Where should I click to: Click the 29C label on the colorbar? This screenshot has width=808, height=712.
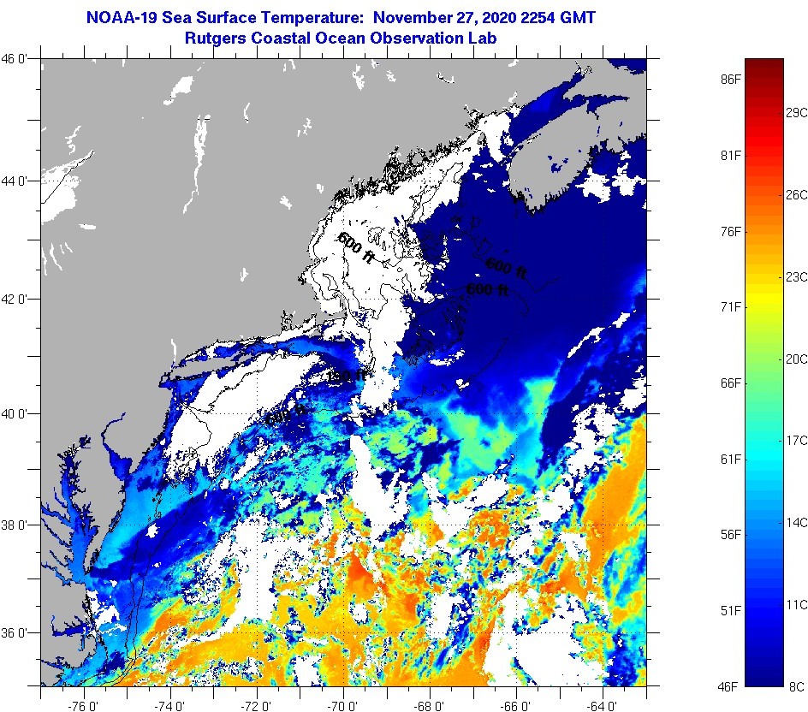pyautogui.click(x=797, y=113)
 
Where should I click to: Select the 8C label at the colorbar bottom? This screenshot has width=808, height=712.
pyautogui.click(x=794, y=686)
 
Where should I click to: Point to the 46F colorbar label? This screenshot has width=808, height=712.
pyautogui.click(x=730, y=686)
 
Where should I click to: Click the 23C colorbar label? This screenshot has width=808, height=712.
pyautogui.click(x=797, y=277)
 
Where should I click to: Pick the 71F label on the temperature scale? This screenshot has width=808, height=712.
pyautogui.click(x=730, y=306)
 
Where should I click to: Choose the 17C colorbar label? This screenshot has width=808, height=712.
pyautogui.click(x=797, y=441)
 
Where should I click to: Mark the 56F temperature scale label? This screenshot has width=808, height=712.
pyautogui.click(x=730, y=535)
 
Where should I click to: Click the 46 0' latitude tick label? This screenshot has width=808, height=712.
pyautogui.click(x=18, y=59)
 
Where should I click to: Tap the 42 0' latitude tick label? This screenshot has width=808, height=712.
pyautogui.click(x=18, y=300)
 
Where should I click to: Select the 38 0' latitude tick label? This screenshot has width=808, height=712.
pyautogui.click(x=18, y=525)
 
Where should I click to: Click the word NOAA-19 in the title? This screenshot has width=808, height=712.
pyautogui.click(x=117, y=17)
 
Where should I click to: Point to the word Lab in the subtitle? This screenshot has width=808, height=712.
pyautogui.click(x=484, y=38)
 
